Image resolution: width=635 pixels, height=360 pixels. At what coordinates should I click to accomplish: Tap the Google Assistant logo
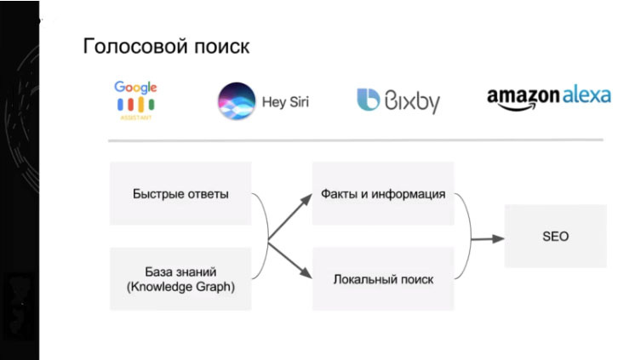click(x=137, y=100)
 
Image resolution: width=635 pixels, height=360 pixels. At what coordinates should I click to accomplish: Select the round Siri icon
click(x=235, y=101)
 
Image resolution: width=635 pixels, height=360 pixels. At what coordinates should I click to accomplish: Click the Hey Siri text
click(x=286, y=102)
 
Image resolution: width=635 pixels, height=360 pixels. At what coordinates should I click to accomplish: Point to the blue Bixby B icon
click(x=368, y=100)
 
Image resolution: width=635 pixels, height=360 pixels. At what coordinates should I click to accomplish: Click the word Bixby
click(x=411, y=102)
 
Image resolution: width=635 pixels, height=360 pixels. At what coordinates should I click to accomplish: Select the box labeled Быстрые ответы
click(x=180, y=193)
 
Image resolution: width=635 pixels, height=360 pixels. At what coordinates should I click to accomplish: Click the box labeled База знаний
click(x=180, y=278)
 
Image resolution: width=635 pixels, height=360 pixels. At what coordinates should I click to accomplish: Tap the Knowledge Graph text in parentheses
click(x=180, y=287)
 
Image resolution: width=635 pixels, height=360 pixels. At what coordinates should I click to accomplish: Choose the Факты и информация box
click(x=382, y=193)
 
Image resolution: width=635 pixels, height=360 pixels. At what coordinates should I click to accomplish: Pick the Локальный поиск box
click(x=382, y=278)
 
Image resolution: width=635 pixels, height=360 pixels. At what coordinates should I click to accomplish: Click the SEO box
click(x=555, y=236)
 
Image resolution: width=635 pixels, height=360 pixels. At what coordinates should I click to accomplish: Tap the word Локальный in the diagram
click(x=361, y=278)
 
